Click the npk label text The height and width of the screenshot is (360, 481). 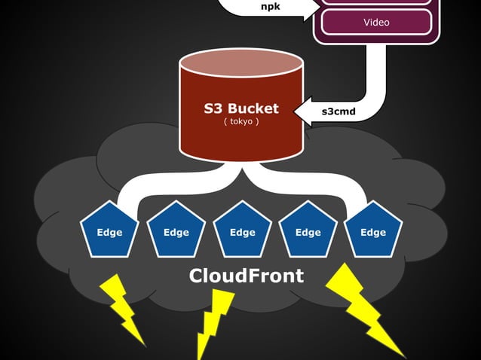click(270, 6)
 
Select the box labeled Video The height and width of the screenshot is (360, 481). click(376, 22)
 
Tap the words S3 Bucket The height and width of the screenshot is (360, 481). click(241, 108)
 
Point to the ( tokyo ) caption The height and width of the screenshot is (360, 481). click(241, 121)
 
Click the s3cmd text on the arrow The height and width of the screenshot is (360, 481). click(339, 112)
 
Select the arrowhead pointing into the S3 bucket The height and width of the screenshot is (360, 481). click(302, 113)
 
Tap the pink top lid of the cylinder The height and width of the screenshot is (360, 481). click(241, 64)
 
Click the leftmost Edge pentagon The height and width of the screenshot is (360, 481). click(109, 230)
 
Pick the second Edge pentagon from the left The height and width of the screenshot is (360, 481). click(176, 230)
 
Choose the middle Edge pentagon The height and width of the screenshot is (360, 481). click(242, 230)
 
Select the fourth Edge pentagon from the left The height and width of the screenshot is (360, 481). click(308, 230)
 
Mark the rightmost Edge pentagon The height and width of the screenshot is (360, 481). click(373, 230)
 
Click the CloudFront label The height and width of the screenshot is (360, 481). click(246, 276)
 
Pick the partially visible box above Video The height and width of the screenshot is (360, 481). click(376, 2)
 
